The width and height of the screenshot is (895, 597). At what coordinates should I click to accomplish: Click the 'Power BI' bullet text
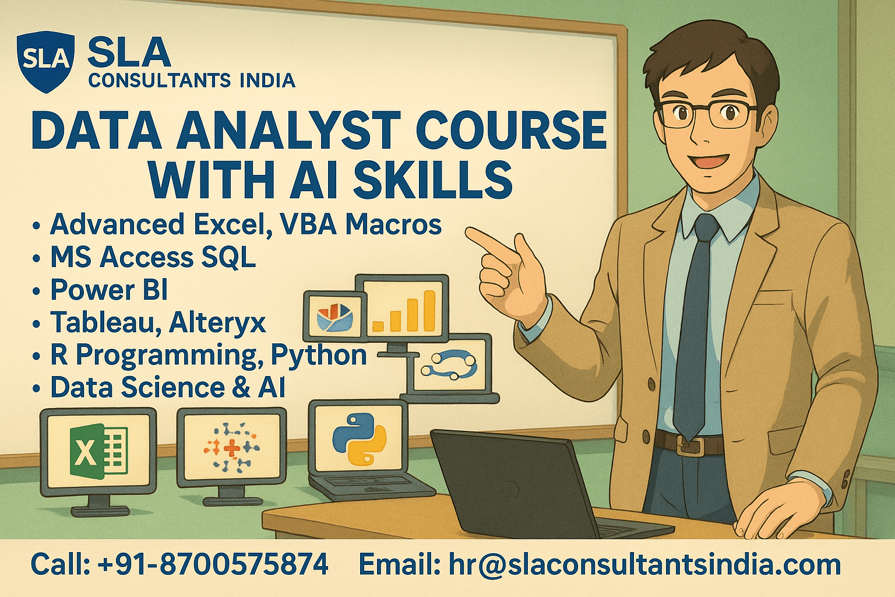point(109,290)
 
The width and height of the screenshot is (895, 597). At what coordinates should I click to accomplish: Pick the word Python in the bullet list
point(319,354)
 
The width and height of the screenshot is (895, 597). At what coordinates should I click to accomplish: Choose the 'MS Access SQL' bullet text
point(153,257)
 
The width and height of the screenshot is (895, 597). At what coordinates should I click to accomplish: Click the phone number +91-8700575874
point(213,564)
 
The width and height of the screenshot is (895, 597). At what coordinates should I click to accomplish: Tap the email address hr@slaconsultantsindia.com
point(644,564)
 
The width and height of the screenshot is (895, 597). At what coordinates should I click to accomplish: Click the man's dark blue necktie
point(693,326)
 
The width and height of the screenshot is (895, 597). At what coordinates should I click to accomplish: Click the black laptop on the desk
point(524,484)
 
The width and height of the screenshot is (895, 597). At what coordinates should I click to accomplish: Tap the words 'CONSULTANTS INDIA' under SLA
point(192,80)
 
